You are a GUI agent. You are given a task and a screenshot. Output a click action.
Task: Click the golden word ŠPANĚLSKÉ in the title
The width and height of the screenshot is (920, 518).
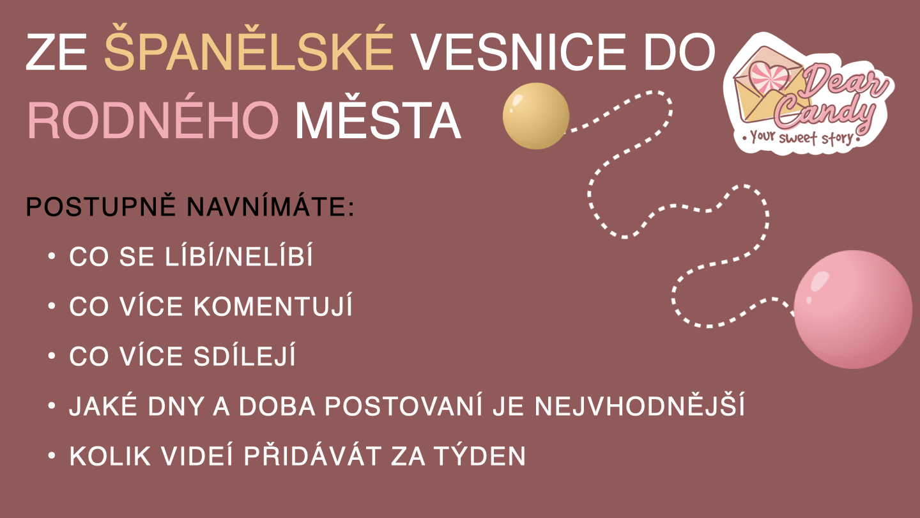pyautogui.click(x=249, y=48)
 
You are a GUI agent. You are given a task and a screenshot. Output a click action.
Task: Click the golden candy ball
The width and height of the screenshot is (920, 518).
pyautogui.click(x=536, y=116)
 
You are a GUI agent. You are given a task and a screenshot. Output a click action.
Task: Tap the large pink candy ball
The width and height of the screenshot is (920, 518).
pyautogui.click(x=853, y=309)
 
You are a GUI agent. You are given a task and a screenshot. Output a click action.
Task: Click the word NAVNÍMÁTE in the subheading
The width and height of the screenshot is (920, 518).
pyautogui.click(x=271, y=207)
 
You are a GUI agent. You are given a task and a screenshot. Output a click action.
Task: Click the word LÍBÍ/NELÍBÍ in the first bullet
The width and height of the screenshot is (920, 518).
pyautogui.click(x=239, y=256)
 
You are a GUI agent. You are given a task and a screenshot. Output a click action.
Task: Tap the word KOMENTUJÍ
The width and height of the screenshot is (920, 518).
pyautogui.click(x=273, y=306)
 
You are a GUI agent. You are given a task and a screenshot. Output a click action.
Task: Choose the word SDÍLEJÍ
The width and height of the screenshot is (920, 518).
pyautogui.click(x=244, y=356)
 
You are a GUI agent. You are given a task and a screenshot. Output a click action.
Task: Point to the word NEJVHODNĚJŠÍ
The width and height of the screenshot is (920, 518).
pyautogui.click(x=640, y=405)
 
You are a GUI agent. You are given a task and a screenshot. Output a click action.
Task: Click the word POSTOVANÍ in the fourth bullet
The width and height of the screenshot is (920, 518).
pyautogui.click(x=404, y=405)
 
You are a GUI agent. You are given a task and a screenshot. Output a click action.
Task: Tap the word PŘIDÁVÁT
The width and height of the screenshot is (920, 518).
pyautogui.click(x=312, y=455)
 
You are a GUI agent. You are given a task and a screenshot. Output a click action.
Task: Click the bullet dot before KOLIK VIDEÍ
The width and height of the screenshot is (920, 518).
pyautogui.click(x=51, y=455)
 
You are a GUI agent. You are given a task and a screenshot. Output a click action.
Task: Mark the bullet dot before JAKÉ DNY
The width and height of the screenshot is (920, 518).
pyautogui.click(x=51, y=405)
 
